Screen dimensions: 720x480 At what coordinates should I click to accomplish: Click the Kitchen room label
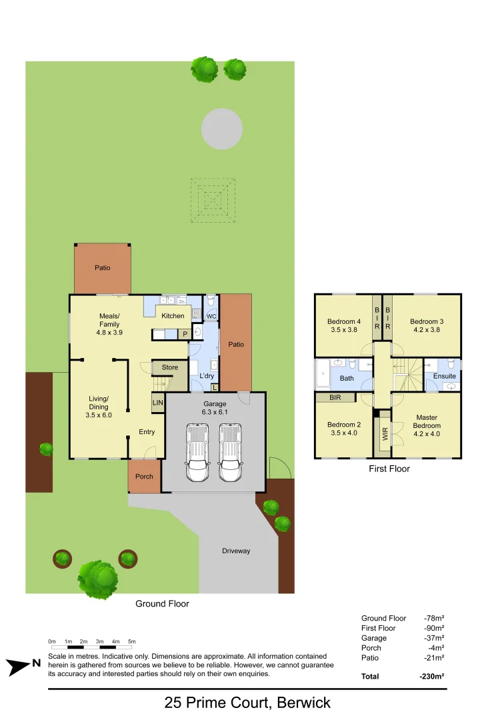point(173,316)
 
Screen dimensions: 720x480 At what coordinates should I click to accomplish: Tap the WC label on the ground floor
point(211,316)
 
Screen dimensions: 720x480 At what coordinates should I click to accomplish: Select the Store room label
point(170,367)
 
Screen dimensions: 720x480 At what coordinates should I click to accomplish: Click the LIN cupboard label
point(158,402)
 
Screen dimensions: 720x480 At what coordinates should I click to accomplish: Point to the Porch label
point(144,477)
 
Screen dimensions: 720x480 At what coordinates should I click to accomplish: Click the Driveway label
point(236,551)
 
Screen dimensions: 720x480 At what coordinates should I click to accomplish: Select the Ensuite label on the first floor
point(445,376)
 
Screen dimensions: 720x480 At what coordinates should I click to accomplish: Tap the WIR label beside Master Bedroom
point(385,435)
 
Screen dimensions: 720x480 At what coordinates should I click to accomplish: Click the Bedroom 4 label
point(344,325)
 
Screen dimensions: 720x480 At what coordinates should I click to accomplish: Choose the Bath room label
point(347,378)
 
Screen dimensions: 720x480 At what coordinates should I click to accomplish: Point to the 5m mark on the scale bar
point(132,641)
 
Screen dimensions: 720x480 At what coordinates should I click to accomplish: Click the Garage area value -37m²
point(434,638)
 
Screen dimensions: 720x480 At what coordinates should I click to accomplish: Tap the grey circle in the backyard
point(222,129)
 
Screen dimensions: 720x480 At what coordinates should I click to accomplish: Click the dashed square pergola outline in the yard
point(213,199)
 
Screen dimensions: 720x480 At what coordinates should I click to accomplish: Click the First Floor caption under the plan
point(389,469)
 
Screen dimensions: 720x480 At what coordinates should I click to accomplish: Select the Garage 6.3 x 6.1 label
point(215,408)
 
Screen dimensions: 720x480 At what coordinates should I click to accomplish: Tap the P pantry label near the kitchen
point(185,334)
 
